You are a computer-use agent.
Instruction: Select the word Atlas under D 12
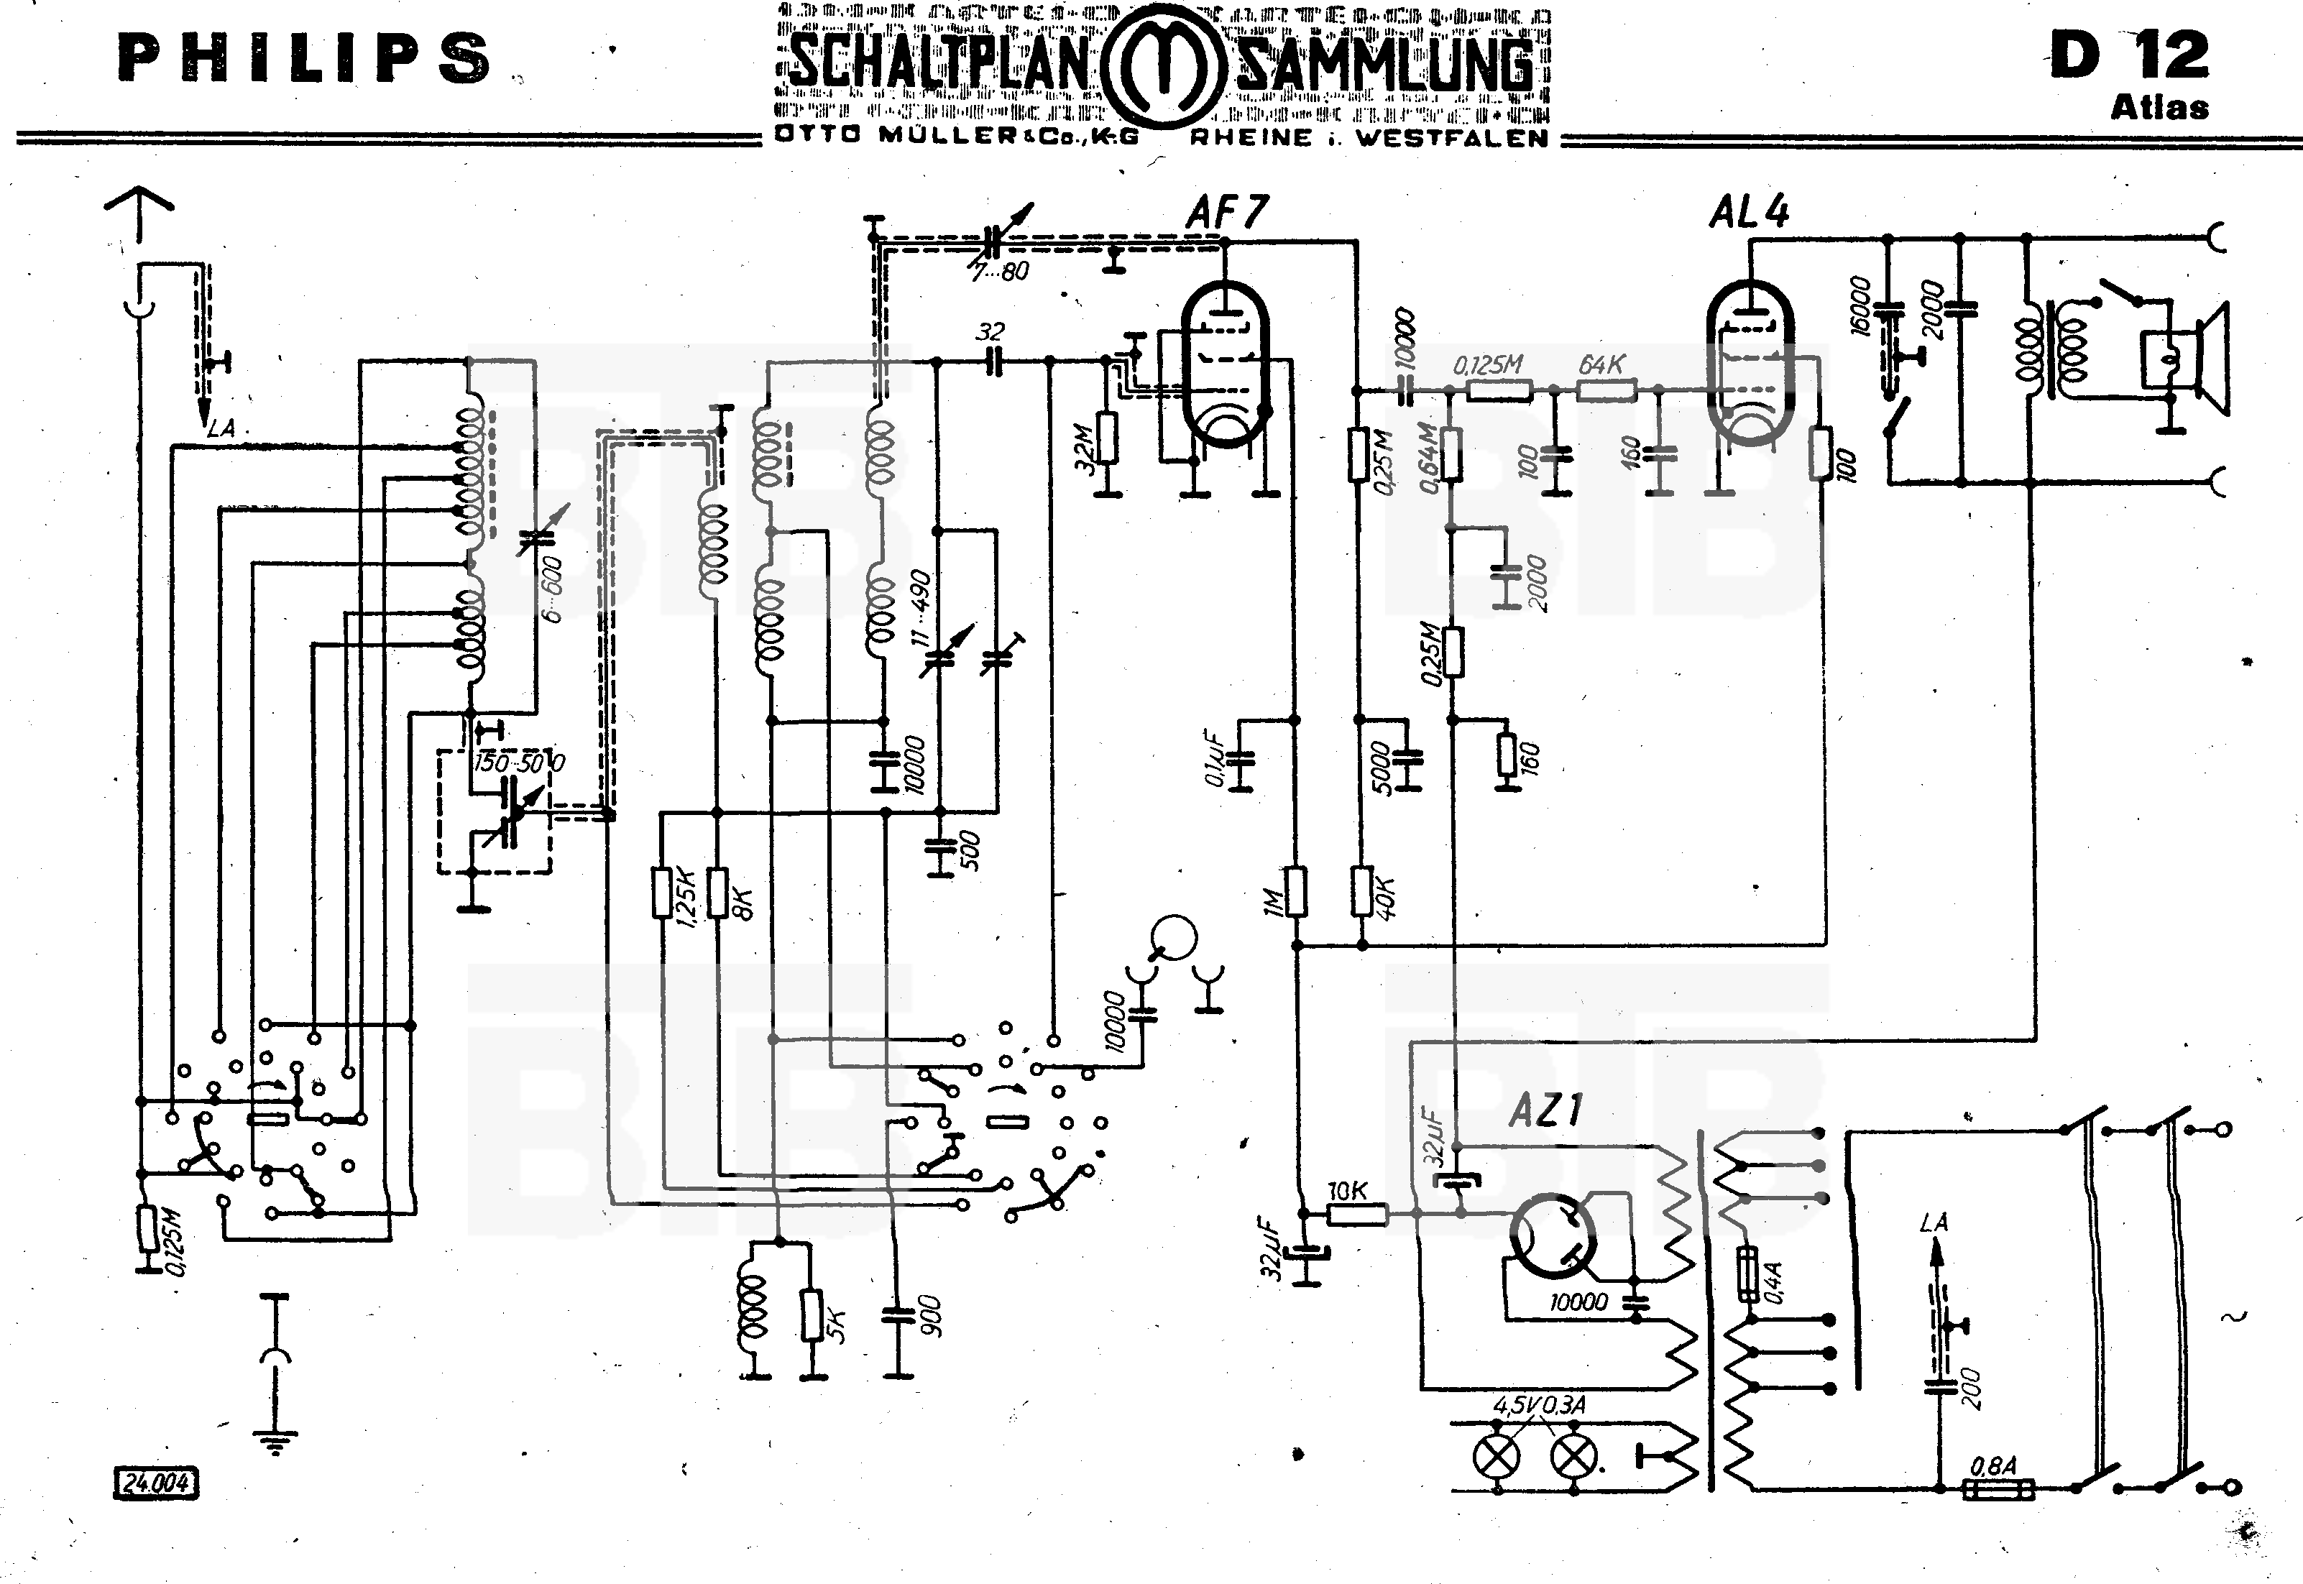[2159, 107]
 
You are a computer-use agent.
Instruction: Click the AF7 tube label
[1227, 213]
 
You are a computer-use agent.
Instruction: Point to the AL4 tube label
[1749, 213]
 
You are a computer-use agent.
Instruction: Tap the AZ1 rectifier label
[1545, 1110]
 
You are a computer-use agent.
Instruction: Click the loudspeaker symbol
[2189, 357]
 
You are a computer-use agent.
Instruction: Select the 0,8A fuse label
[1992, 1465]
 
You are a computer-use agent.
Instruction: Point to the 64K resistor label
[1601, 365]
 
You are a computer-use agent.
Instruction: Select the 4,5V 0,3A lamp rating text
[1539, 1405]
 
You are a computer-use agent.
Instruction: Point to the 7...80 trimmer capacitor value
[1000, 271]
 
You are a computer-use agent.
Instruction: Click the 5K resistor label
[837, 1326]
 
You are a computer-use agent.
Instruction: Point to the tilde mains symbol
[2233, 1317]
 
